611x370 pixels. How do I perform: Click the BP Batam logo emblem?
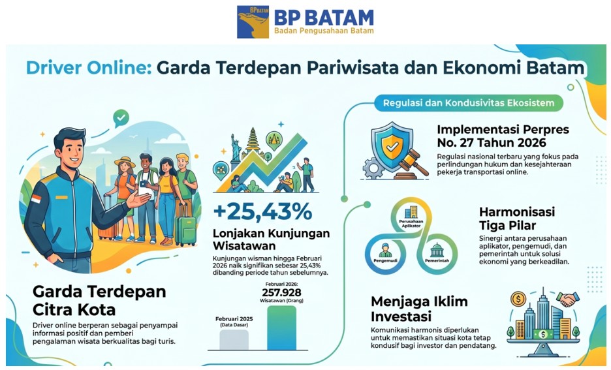(x=253, y=22)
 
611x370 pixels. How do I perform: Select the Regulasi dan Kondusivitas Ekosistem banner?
(x=469, y=103)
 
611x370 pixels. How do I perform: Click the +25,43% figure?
(x=262, y=212)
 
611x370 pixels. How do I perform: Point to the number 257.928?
(x=281, y=292)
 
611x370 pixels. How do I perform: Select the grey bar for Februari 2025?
(x=234, y=339)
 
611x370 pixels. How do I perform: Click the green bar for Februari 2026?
(x=281, y=328)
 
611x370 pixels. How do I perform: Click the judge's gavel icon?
(x=413, y=164)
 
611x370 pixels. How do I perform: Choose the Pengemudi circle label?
(x=385, y=260)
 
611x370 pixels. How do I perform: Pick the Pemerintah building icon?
(x=437, y=250)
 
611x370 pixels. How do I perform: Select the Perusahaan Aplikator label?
(x=411, y=224)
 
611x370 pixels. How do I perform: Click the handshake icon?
(x=567, y=299)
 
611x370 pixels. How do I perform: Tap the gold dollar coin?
(x=518, y=299)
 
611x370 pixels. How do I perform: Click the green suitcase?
(x=185, y=230)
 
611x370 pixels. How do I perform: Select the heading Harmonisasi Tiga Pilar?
(x=517, y=219)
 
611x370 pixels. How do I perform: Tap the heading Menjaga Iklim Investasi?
(x=419, y=309)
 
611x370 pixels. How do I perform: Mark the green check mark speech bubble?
(x=121, y=117)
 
